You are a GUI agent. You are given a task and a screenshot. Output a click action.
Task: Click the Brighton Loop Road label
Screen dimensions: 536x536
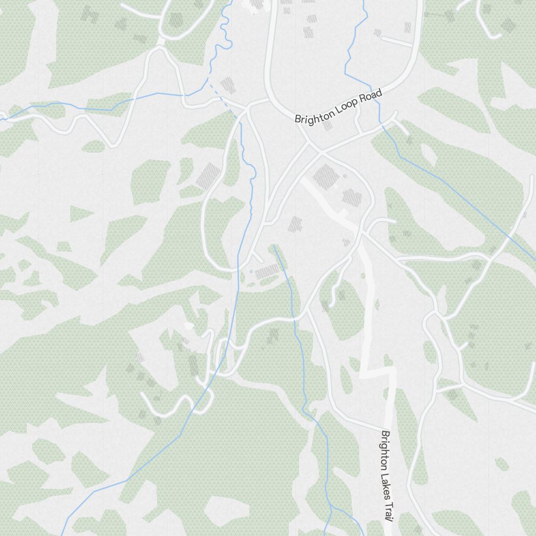[x=338, y=107]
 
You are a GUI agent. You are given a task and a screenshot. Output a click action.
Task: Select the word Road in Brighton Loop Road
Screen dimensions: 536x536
[x=371, y=96]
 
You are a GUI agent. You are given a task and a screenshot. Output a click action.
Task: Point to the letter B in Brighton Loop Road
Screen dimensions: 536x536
[x=297, y=120]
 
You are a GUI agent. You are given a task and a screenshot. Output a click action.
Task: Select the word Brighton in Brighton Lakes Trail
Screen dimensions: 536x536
[x=385, y=446]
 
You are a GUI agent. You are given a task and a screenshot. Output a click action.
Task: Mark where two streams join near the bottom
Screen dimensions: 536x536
[x=331, y=507]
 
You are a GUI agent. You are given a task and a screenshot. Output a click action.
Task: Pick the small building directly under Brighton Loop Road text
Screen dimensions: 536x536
[x=328, y=125]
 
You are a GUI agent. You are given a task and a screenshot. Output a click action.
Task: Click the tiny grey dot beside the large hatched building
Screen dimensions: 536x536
[x=345, y=176]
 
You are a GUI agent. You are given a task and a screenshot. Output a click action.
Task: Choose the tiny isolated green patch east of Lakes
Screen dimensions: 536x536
[x=502, y=464]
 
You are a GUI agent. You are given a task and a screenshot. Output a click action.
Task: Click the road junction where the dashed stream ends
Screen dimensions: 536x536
[x=246, y=109]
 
